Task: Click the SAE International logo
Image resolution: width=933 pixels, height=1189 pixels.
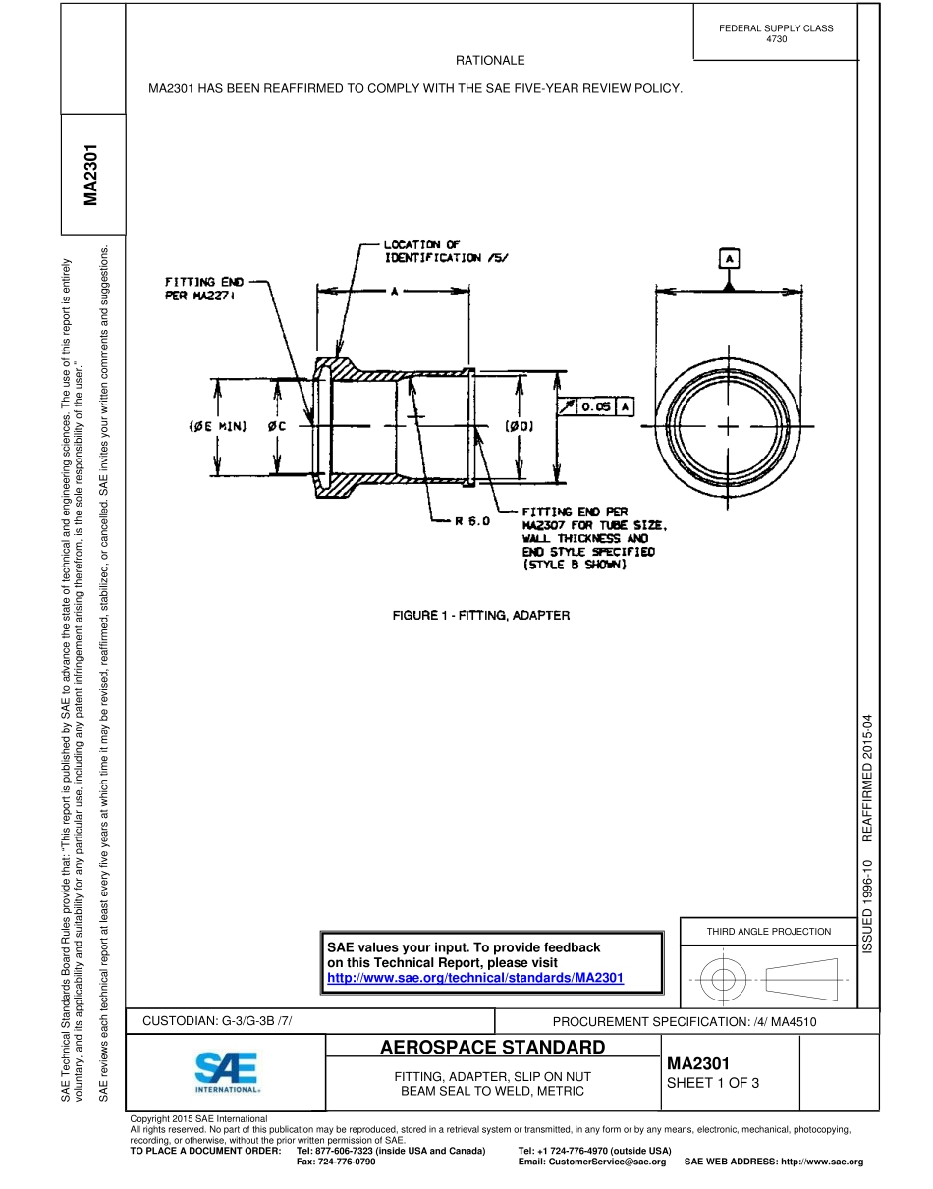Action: (x=227, y=1072)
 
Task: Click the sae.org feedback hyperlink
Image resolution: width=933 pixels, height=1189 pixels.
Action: (x=475, y=978)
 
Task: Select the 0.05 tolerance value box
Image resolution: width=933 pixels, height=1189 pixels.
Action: (x=596, y=405)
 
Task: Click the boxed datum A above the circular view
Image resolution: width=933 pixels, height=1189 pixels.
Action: (x=728, y=258)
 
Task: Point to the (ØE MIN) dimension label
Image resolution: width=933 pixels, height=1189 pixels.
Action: (x=217, y=426)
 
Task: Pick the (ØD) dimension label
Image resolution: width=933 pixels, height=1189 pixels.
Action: (x=519, y=426)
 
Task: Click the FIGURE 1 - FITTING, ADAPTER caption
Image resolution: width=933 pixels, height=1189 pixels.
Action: (x=481, y=615)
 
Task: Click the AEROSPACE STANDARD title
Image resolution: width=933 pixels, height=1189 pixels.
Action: (x=492, y=1047)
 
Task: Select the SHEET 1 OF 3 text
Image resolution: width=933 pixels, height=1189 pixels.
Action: (x=713, y=1083)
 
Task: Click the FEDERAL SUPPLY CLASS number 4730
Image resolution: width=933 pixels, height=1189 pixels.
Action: (x=776, y=39)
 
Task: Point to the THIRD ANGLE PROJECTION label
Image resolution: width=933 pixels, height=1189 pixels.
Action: (x=768, y=931)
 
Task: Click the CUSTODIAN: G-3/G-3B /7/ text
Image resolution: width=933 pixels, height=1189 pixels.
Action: (x=218, y=1021)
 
